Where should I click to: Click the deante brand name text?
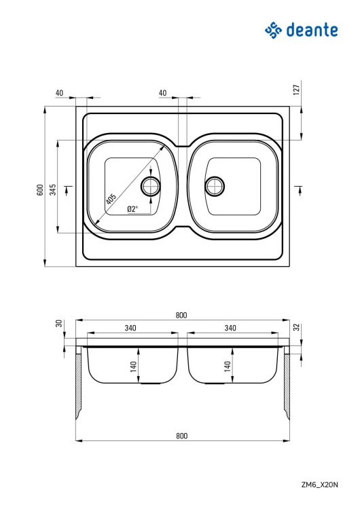pos(312,30)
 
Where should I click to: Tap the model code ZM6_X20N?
pos(320,485)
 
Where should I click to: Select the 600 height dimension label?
pos(40,189)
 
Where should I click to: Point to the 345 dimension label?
pos(53,189)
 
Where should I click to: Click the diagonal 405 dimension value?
pos(111,199)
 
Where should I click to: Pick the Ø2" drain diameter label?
pos(132,209)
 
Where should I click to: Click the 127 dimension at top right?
pos(296,90)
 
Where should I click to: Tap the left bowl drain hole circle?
pos(151,186)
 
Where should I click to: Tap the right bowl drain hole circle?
pos(215,186)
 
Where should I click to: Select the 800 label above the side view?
pos(181,315)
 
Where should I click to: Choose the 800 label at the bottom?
pos(181,436)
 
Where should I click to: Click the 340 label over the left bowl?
pos(130,328)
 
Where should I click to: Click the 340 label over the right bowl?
pos(230,328)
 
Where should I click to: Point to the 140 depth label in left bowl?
pos(133,366)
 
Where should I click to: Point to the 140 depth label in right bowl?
pos(228,366)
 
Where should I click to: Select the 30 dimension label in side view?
pos(59,323)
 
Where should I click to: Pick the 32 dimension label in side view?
pos(296,327)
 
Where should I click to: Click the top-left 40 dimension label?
pos(60,93)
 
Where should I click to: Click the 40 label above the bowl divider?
pos(163,93)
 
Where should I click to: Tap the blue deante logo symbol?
pos(273,30)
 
